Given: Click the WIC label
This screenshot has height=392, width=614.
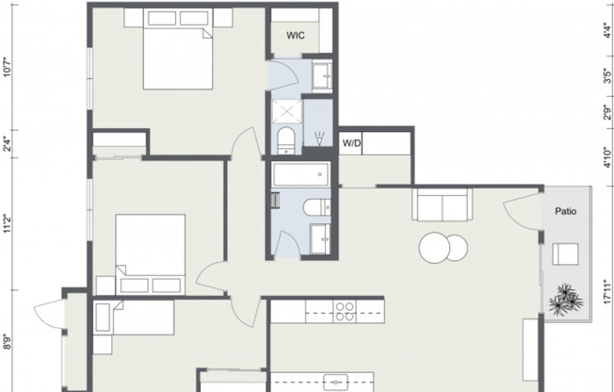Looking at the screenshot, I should (296, 36).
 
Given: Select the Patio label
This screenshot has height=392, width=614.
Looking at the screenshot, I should (565, 211).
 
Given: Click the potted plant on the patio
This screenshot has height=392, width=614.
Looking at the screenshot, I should (566, 299).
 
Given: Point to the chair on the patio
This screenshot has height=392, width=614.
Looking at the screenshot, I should (565, 253).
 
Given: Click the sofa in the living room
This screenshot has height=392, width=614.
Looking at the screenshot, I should (441, 204).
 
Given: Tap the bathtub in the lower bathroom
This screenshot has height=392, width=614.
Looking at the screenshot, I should (299, 174).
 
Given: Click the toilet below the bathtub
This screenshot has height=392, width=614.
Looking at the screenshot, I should (315, 207).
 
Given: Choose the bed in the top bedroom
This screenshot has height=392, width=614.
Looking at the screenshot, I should (176, 58).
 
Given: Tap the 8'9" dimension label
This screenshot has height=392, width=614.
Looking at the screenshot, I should (8, 342).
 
